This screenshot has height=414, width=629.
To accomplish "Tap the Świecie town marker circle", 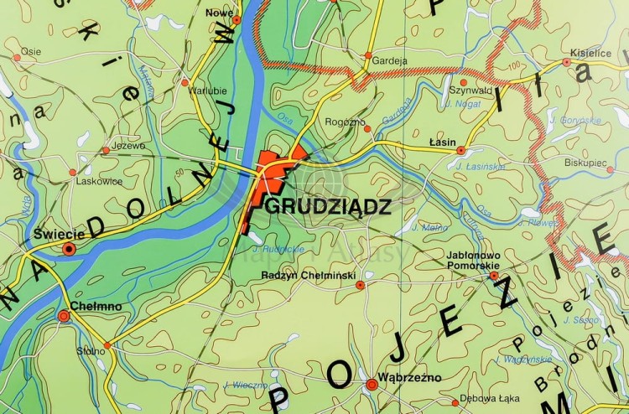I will pos(70,248).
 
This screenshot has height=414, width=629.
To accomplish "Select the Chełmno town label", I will pos(96,307).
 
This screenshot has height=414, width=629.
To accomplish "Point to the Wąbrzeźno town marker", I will pos(372,385).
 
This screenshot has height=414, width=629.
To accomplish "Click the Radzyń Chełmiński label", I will pos(309,275).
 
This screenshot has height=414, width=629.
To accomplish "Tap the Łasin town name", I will pos(442,142).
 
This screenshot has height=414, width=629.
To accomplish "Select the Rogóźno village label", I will pos(346,122).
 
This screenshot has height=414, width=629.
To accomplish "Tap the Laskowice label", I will pos(99,181).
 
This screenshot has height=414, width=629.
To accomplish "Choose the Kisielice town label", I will pos(590,52).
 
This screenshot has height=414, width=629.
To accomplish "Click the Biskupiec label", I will pos(585,161).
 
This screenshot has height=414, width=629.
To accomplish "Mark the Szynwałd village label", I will pos(470,90).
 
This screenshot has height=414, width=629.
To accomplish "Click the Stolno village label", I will pos(89,350).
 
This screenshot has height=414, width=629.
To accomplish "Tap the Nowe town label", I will pos(219,13).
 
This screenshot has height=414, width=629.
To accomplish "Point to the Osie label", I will pos(31,51).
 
